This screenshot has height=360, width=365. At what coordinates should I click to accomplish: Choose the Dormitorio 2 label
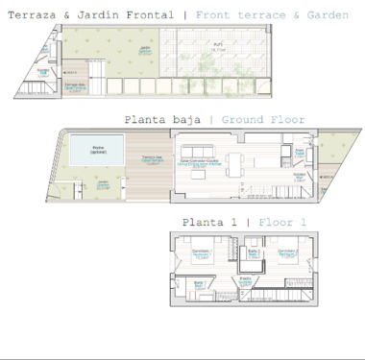click(285, 253)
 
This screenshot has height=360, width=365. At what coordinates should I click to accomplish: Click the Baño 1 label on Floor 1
click(199, 283)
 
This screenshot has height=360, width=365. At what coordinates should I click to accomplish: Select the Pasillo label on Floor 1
click(246, 279)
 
